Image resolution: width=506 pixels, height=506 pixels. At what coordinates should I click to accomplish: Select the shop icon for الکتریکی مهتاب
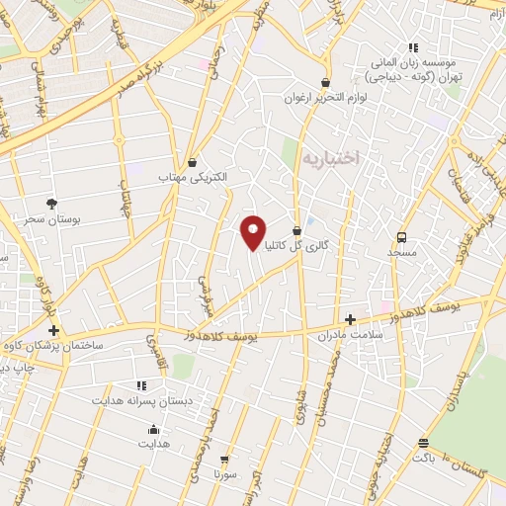pos(192,163)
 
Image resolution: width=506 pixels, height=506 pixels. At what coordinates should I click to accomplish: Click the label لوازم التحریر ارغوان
pos(324,98)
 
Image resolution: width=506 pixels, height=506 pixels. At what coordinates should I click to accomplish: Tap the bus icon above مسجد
pos(401,237)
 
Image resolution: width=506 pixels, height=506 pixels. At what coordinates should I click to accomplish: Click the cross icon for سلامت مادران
pos(350,319)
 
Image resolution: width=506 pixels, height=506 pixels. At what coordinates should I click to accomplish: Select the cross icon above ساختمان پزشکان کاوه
pos(53,330)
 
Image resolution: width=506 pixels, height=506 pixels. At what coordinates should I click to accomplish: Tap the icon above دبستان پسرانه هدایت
pos(139,384)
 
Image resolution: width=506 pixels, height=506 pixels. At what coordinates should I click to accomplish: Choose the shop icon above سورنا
pos(225,460)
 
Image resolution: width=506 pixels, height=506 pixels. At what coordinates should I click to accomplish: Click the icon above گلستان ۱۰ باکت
pos(423,443)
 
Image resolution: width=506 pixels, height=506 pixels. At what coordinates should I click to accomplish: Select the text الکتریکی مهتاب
pos(193,178)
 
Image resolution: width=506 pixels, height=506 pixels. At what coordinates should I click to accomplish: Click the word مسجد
pos(402,253)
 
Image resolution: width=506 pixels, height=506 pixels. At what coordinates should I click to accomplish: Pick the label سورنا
pos(225,474)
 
